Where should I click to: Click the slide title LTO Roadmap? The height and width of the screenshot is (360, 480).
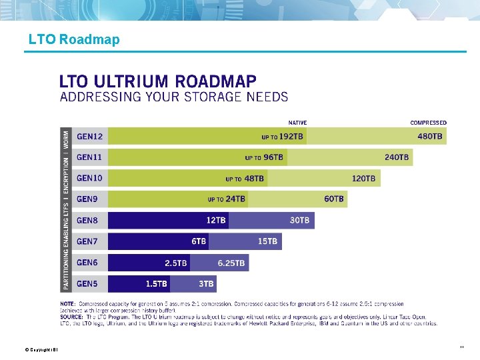click(x=74, y=39)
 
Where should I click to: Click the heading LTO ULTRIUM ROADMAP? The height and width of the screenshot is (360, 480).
click(x=158, y=81)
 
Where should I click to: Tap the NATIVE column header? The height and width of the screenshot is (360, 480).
click(x=297, y=123)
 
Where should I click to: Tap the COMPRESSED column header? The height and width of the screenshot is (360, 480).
click(x=428, y=123)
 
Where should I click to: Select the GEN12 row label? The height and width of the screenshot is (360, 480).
click(x=90, y=137)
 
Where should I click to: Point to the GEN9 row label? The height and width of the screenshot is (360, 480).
click(x=88, y=199)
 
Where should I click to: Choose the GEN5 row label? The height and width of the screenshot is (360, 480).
click(x=88, y=284)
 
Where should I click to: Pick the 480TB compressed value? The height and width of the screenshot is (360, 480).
click(x=429, y=137)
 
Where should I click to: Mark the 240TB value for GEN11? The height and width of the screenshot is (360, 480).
click(x=397, y=157)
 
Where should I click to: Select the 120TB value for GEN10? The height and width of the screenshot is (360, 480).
click(x=364, y=179)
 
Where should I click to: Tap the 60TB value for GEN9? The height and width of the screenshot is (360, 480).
click(x=334, y=199)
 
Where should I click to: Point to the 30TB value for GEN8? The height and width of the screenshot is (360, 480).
click(x=299, y=220)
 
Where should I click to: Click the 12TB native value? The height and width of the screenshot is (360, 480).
click(x=216, y=220)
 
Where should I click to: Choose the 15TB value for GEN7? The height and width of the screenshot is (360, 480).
click(x=267, y=241)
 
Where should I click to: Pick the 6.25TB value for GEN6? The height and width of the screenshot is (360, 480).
click(x=231, y=263)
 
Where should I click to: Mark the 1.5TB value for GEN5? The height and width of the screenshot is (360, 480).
click(x=157, y=284)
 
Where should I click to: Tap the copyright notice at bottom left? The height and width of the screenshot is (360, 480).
click(x=41, y=349)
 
